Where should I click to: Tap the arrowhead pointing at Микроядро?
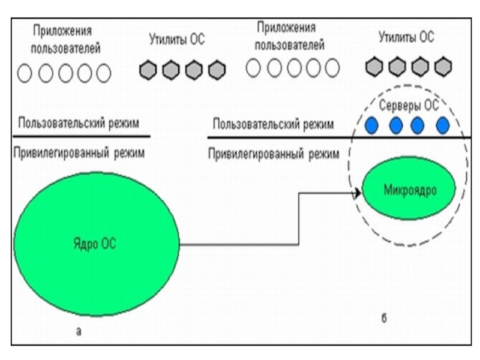(x=357, y=193)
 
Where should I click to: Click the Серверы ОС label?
(x=410, y=106)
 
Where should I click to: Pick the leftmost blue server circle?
(x=372, y=125)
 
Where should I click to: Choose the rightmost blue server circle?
(x=442, y=125)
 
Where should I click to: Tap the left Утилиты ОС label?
(x=176, y=40)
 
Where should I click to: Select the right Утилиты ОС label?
(x=406, y=37)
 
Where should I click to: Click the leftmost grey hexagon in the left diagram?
(x=148, y=70)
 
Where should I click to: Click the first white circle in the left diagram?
(x=24, y=73)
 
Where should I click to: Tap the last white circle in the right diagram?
(x=331, y=68)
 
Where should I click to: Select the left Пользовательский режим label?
(x=79, y=124)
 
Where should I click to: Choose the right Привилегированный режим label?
(x=273, y=154)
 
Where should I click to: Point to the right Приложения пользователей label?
(x=289, y=37)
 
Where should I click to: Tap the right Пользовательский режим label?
(x=273, y=125)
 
